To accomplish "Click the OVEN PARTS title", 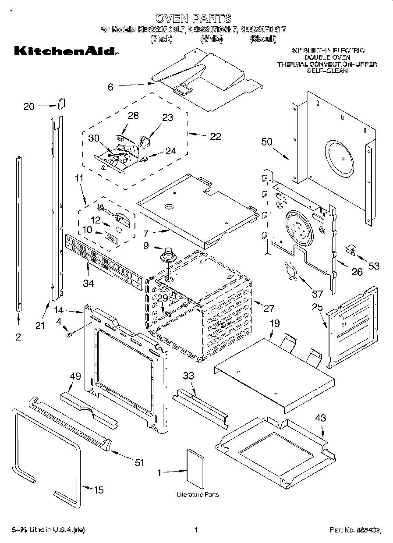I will (193, 18).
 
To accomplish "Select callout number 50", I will (267, 142).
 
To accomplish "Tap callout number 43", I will (321, 418).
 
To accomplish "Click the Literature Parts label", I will (198, 494).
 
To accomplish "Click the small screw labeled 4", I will (69, 334).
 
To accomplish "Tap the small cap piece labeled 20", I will (61, 103).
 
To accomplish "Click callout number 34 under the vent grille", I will (89, 283).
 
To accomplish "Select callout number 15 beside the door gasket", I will (99, 490).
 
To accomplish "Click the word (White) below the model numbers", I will (212, 39).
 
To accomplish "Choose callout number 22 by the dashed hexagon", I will (215, 136).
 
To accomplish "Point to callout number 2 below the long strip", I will (18, 337).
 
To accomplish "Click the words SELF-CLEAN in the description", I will (327, 70).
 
